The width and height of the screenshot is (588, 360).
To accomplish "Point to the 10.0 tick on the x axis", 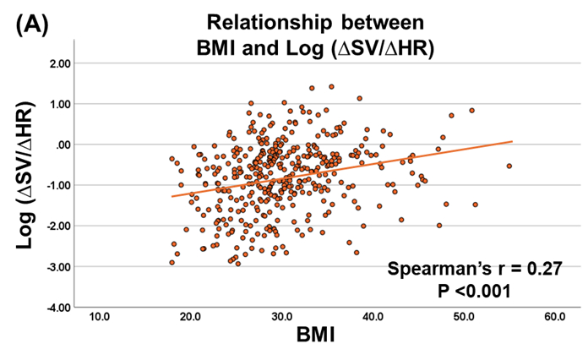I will (x=99, y=317).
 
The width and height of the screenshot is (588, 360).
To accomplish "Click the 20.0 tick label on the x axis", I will (x=190, y=317).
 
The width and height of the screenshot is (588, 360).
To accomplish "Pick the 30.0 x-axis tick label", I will (x=281, y=317).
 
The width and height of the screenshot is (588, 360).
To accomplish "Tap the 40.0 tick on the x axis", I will (x=373, y=317).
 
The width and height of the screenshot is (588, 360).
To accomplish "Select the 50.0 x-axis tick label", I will (x=464, y=317).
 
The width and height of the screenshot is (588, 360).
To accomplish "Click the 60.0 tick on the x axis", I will (x=554, y=317).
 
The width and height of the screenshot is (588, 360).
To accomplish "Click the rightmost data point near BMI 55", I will (x=509, y=166).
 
